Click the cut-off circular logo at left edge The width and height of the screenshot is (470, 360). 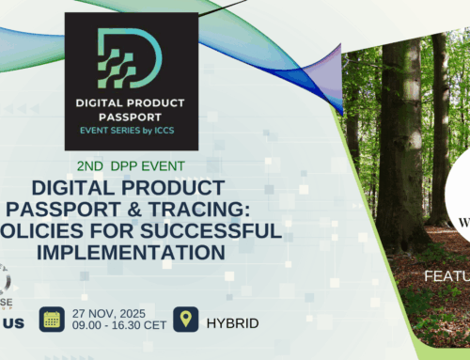coord(8,282)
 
